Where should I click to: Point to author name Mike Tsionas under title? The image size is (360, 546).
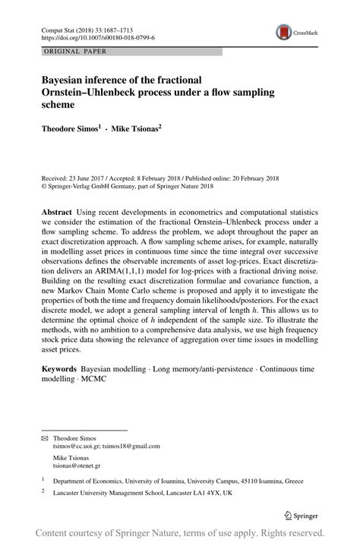pyautogui.click(x=134, y=129)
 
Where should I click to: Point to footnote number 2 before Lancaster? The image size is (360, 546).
pyautogui.click(x=43, y=492)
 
